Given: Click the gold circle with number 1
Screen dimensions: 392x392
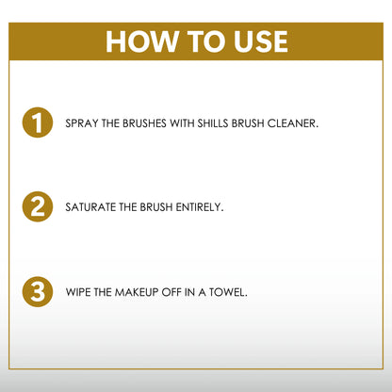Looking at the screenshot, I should click(x=37, y=123).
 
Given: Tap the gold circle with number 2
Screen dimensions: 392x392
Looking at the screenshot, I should click(x=37, y=206).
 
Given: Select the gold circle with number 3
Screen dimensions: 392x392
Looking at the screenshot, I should click(x=37, y=292).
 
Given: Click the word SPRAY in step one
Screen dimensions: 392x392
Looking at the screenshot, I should click(x=80, y=124).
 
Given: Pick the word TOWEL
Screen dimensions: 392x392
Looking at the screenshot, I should click(x=229, y=292).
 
